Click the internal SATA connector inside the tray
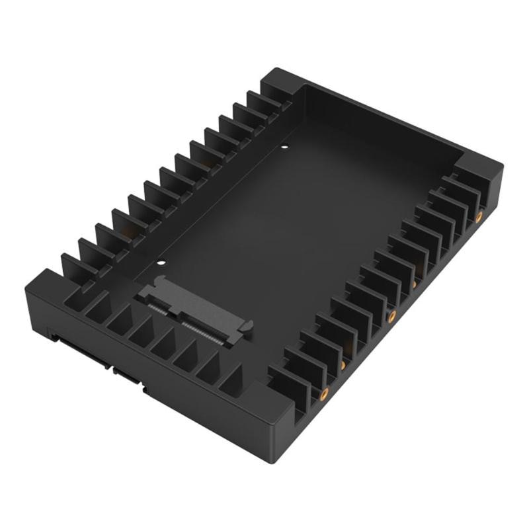[195, 308]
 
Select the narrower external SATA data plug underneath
[130, 377]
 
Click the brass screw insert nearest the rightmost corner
[478, 218]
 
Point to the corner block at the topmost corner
[281, 83]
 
